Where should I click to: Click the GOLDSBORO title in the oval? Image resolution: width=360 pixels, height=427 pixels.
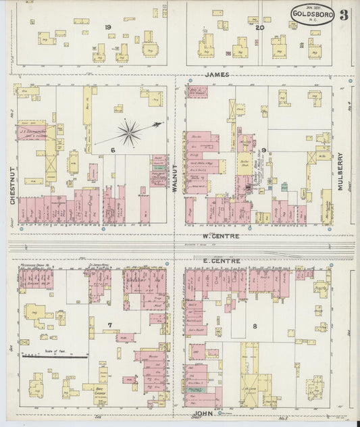pos(312,14)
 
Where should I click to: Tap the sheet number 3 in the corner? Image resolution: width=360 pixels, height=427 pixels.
pos(344,15)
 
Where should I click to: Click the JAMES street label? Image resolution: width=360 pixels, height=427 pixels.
pos(217,74)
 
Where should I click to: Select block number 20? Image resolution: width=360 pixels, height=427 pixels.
pos(259,27)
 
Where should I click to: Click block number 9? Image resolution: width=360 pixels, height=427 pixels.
pos(265,150)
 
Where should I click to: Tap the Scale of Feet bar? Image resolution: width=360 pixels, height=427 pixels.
pos(55,355)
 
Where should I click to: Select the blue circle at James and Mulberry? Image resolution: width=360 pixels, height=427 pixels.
pos(351,80)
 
